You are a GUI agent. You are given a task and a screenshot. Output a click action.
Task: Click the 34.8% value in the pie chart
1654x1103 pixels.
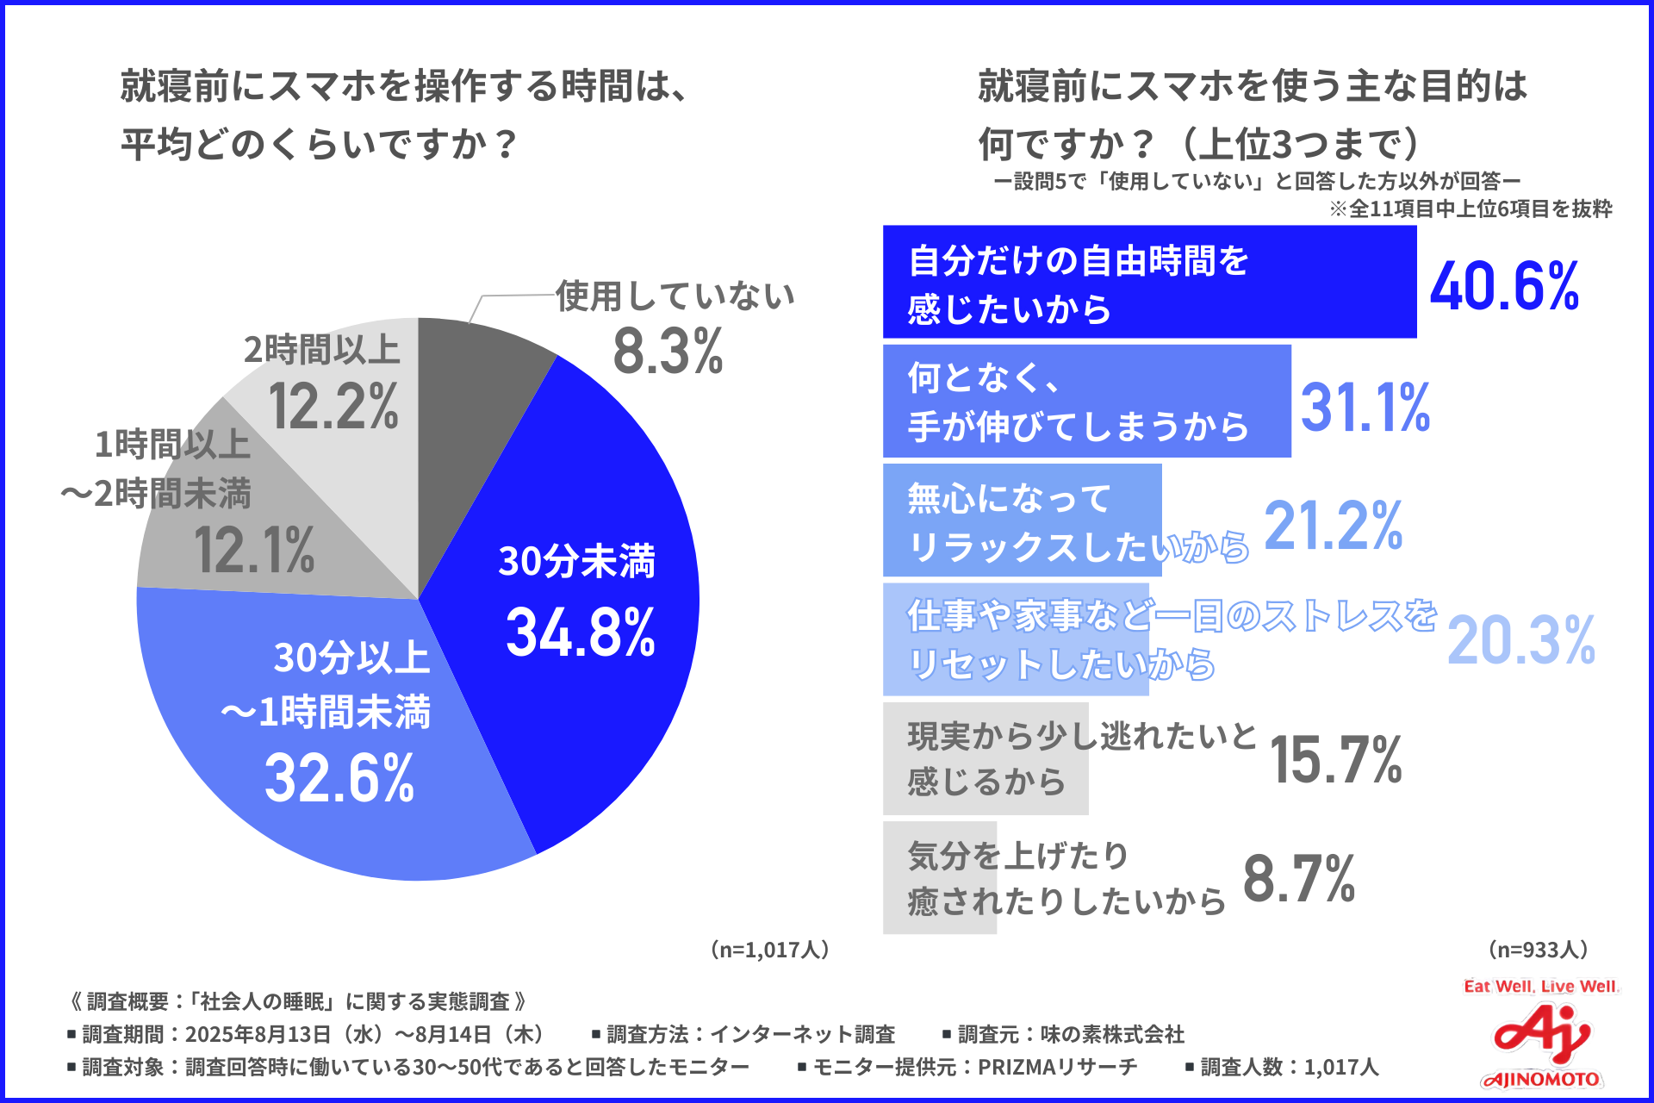point(581,633)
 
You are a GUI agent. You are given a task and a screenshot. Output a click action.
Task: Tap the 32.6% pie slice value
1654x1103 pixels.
point(339,778)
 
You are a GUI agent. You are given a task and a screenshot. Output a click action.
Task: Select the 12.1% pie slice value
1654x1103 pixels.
point(254,551)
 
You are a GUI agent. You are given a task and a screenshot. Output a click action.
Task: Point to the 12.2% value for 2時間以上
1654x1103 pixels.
point(333,407)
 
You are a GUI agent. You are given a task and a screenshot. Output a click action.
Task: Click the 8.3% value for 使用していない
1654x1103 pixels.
point(668,352)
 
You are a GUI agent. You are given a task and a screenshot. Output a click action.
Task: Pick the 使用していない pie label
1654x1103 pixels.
point(675,296)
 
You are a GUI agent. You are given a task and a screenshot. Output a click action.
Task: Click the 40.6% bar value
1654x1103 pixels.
point(1504,286)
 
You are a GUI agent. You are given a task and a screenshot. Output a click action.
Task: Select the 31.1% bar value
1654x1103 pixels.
point(1365,407)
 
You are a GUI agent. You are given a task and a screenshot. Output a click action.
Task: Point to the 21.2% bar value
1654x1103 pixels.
point(1334,526)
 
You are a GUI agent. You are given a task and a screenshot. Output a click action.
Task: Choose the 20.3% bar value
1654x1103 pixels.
point(1521,640)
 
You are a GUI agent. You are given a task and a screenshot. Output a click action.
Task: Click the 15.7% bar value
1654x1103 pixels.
point(1336,760)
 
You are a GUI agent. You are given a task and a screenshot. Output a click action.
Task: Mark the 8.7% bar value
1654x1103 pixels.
point(1299,879)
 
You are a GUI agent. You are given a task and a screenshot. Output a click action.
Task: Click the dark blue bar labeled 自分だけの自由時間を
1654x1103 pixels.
point(1149,282)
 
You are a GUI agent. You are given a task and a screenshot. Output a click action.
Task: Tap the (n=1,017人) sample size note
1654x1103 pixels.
point(770,950)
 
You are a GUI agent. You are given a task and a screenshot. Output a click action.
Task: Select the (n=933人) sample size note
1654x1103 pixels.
point(1538,950)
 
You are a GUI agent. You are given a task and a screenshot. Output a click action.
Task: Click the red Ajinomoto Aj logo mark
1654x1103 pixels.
point(1540,1034)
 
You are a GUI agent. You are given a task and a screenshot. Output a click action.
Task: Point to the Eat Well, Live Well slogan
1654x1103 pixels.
point(1540,987)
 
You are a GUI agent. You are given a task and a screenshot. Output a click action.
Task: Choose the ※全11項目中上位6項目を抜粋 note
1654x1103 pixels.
point(1471,209)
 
